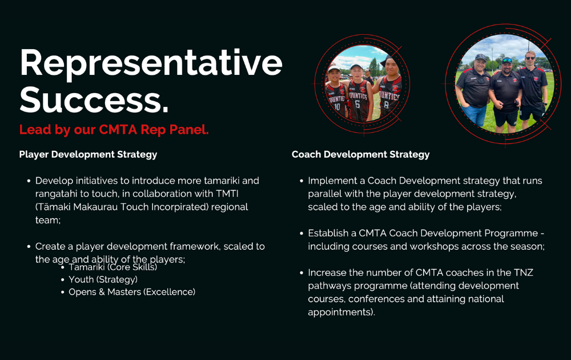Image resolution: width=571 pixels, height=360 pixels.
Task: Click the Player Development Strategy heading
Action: (x=88, y=154)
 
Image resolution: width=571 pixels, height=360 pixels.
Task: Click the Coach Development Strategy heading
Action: (x=360, y=154)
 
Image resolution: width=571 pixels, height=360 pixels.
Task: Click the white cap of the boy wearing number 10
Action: (x=333, y=69)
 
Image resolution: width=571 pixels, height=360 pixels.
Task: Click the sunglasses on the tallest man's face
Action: (x=530, y=58)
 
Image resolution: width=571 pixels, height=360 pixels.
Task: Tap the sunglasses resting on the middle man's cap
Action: (x=507, y=59)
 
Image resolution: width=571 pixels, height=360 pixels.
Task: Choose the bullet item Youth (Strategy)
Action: (x=103, y=279)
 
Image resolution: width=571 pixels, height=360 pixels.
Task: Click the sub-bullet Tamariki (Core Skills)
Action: (x=112, y=267)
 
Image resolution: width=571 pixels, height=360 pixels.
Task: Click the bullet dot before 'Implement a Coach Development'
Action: (x=302, y=181)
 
